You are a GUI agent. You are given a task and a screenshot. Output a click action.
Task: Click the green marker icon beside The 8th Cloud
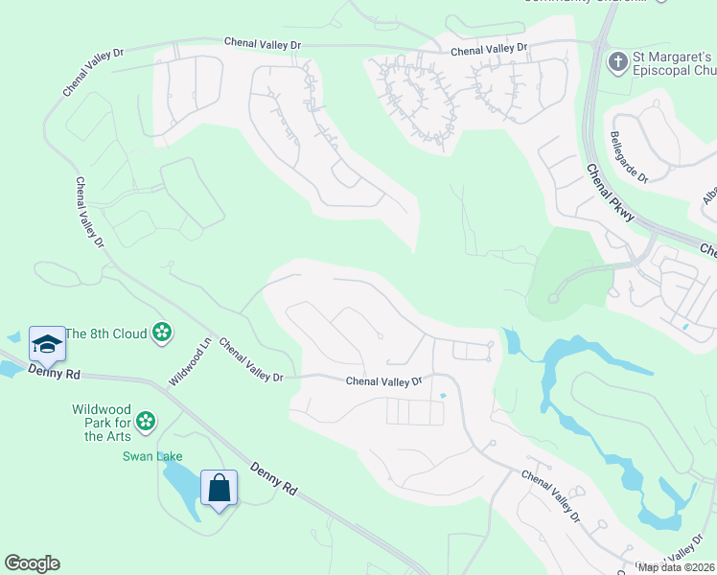162,333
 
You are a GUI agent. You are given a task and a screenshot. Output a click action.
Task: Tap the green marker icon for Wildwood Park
145,420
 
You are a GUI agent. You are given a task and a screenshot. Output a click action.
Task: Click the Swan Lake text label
151,456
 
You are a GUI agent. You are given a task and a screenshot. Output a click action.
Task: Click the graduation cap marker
47,342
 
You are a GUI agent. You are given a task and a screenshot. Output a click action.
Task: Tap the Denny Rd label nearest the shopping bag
273,479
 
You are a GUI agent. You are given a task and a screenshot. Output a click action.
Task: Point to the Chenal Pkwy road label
610,193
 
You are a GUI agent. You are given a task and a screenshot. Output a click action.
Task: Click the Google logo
32,563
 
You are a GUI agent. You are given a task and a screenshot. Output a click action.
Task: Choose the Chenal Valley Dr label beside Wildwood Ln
251,359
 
